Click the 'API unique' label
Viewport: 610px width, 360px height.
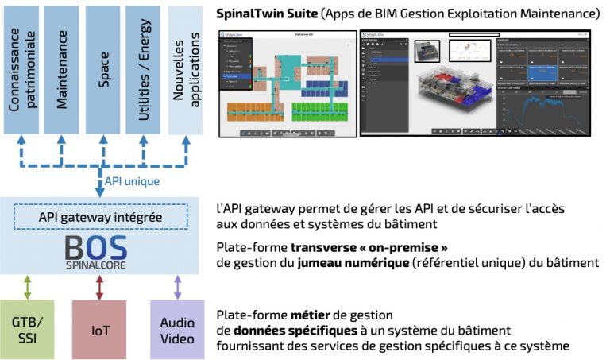pos(133,181)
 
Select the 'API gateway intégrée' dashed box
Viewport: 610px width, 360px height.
pos(100,217)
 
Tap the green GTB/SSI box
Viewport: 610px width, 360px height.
pos(27,328)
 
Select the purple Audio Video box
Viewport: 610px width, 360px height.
pos(177,328)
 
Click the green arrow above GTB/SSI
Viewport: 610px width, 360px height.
pos(27,286)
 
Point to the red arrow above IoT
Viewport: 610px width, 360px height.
pos(98,286)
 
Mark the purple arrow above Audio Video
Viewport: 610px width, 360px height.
pos(177,286)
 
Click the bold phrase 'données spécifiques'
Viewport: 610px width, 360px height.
pos(282,330)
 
